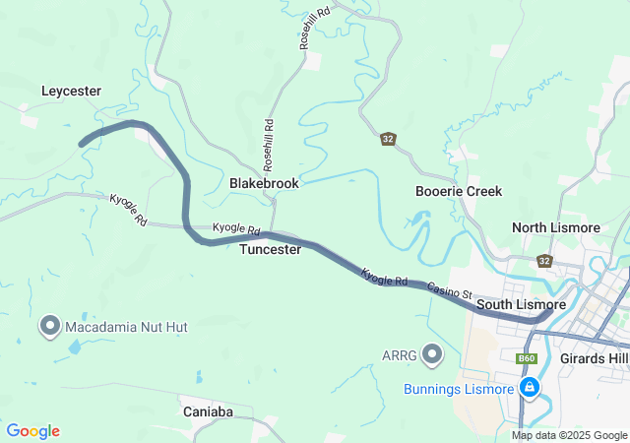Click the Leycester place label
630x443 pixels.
(x=71, y=91)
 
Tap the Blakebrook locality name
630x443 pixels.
(x=264, y=183)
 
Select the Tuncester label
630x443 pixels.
(x=270, y=250)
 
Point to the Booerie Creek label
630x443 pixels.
(x=459, y=191)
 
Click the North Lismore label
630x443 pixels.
(x=555, y=227)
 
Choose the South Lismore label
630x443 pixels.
(x=521, y=305)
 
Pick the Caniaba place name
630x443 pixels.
(x=208, y=411)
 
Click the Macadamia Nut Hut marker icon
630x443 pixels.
(x=50, y=325)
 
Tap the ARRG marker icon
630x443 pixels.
(x=432, y=353)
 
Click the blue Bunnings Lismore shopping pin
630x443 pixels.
(x=530, y=388)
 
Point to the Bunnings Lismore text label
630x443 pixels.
(x=459, y=389)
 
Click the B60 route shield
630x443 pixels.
(x=527, y=359)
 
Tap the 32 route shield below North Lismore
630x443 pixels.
(x=544, y=261)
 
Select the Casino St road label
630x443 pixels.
(x=449, y=290)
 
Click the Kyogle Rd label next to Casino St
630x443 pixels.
(x=384, y=278)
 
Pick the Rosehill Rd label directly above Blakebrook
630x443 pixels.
(x=267, y=140)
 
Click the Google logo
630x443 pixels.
(x=32, y=431)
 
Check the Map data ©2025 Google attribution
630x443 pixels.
(x=568, y=435)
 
